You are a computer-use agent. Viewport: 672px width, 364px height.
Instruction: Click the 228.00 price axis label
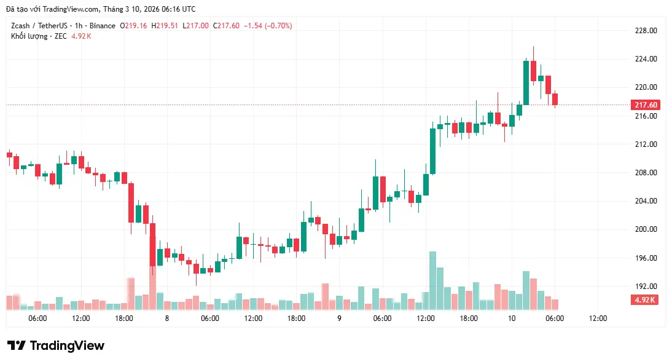click(645, 31)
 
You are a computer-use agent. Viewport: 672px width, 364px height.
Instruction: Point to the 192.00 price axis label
click(645, 287)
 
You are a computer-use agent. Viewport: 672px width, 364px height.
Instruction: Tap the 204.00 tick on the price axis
click(645, 201)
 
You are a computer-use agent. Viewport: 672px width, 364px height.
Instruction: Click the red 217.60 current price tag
click(646, 105)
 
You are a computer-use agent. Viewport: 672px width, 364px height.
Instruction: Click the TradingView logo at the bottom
click(55, 346)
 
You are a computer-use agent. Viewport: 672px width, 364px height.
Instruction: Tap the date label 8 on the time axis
click(167, 318)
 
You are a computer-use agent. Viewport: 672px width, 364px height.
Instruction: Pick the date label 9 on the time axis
click(339, 318)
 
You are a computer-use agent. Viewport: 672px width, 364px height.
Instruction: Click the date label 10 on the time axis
click(512, 318)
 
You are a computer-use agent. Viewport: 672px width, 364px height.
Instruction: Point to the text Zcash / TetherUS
click(37, 26)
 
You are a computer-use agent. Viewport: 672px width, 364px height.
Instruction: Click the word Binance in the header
click(101, 26)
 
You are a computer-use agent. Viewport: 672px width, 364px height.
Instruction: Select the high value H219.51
click(165, 26)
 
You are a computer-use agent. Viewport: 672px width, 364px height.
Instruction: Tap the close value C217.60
click(227, 26)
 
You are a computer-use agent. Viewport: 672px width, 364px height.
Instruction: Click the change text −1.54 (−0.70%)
click(268, 26)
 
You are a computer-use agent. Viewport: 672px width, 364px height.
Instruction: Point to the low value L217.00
click(195, 26)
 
